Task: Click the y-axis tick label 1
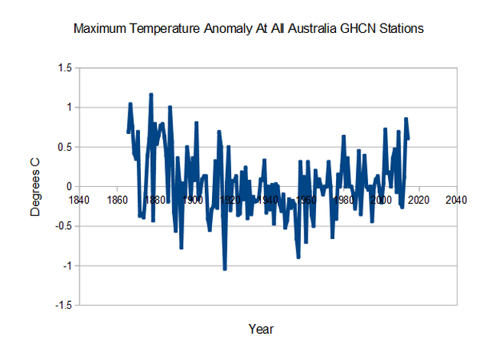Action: pyautogui.click(x=68, y=108)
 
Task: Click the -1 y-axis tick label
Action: pyautogui.click(x=67, y=266)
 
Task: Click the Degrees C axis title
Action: pyautogui.click(x=35, y=186)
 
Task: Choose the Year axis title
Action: pyautogui.click(x=260, y=329)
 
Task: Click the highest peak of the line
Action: pyautogui.click(x=152, y=94)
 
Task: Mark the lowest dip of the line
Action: pyautogui.click(x=225, y=269)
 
